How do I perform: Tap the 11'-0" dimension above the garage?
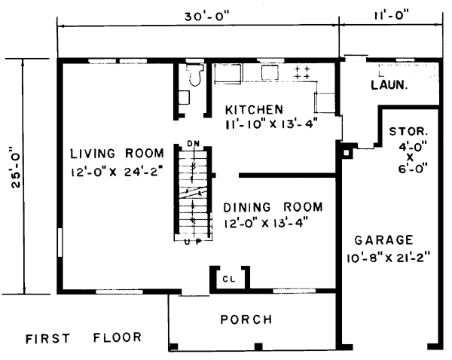(x=392, y=15)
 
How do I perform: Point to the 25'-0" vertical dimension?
(x=16, y=167)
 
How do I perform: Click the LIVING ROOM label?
(x=117, y=154)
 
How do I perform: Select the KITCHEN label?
(x=254, y=110)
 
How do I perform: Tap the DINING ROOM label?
(x=273, y=207)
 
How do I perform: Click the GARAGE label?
(x=383, y=240)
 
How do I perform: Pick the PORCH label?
(x=246, y=319)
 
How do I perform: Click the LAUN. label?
(x=389, y=85)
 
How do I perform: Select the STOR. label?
(x=408, y=132)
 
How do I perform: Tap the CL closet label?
(x=229, y=279)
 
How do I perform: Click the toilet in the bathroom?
(x=195, y=75)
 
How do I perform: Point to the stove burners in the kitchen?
(x=302, y=72)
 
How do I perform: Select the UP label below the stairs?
(x=193, y=242)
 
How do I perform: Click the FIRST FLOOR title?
(x=84, y=338)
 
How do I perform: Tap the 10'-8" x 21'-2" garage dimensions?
(x=388, y=258)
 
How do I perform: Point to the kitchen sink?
(x=270, y=72)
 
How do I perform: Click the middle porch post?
(x=258, y=346)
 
